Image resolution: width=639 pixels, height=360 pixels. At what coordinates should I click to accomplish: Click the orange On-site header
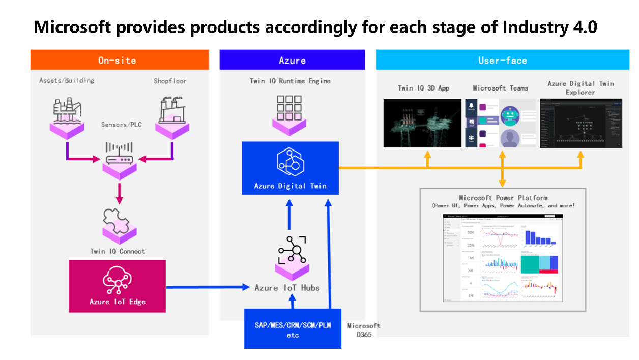[120, 60]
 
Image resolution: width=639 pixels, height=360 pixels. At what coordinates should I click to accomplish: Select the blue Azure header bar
[292, 60]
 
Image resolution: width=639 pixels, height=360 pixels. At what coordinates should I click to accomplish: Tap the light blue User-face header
[503, 60]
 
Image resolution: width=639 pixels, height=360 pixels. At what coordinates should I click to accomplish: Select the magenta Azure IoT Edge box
[117, 286]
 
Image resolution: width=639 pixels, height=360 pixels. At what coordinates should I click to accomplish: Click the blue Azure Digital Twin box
[290, 168]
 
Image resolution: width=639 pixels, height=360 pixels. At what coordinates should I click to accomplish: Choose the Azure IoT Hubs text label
[287, 288]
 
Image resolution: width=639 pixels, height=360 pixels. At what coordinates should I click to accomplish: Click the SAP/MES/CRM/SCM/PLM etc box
[293, 328]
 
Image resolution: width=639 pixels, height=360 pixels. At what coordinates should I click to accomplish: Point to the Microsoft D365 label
[363, 329]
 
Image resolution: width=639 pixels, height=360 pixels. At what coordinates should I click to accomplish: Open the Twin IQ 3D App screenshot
[422, 123]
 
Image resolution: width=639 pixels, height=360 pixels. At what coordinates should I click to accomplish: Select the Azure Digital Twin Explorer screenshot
[580, 123]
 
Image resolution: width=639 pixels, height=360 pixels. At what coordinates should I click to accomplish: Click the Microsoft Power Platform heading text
[503, 198]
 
